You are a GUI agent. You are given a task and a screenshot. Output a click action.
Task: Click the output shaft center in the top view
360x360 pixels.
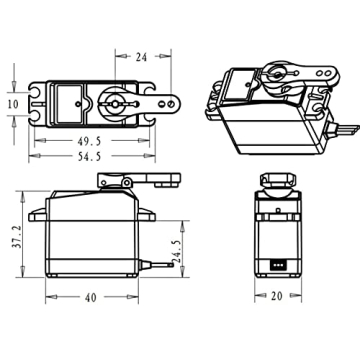pos(112,103)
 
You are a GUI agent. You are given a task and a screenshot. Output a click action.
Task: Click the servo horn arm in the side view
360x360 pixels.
pos(150,181)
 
